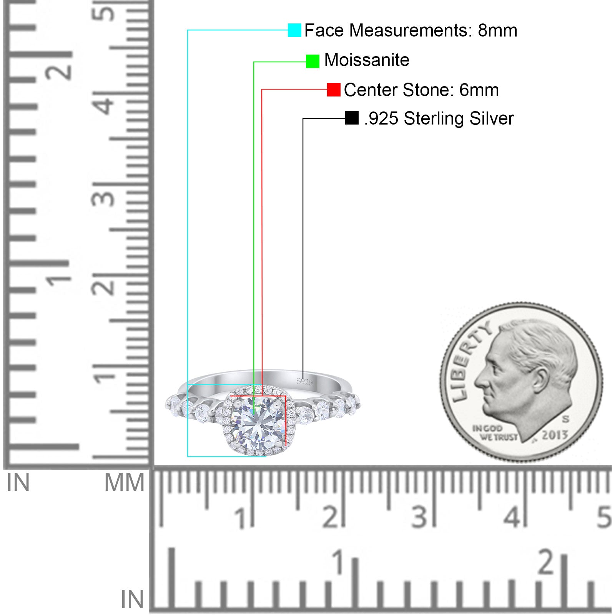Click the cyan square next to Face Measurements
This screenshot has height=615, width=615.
[294, 30]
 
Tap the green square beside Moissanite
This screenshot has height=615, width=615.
[312, 61]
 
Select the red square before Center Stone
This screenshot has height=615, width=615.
[334, 90]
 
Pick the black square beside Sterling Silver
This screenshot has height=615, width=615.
[352, 118]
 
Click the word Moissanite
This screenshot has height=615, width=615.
[367, 60]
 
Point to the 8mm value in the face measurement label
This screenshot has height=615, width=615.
[497, 30]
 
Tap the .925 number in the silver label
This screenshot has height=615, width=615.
[381, 119]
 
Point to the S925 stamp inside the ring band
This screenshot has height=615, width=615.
[304, 382]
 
